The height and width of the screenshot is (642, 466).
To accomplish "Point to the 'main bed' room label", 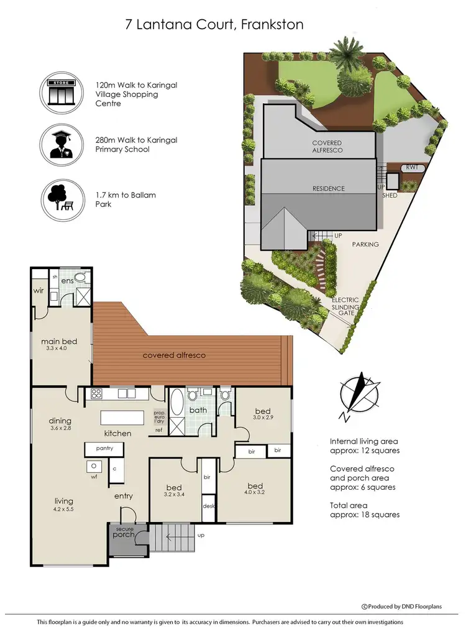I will (59, 341).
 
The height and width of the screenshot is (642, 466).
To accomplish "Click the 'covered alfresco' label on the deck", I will (174, 355).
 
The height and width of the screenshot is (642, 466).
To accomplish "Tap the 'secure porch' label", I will (124, 532).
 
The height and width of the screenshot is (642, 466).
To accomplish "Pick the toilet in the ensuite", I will (80, 278).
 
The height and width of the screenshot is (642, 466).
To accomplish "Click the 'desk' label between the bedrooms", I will (208, 506).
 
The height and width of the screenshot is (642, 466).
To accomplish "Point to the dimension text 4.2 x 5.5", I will (64, 509).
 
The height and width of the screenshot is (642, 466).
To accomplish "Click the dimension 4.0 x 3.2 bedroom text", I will (255, 493).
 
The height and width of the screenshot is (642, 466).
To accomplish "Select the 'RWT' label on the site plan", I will (411, 167).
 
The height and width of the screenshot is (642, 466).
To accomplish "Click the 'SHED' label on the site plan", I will (390, 195).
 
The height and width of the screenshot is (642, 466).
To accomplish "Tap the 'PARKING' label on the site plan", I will (365, 244).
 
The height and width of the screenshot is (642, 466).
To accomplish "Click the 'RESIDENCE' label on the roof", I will (328, 188).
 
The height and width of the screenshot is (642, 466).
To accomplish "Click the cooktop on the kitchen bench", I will (97, 393).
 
